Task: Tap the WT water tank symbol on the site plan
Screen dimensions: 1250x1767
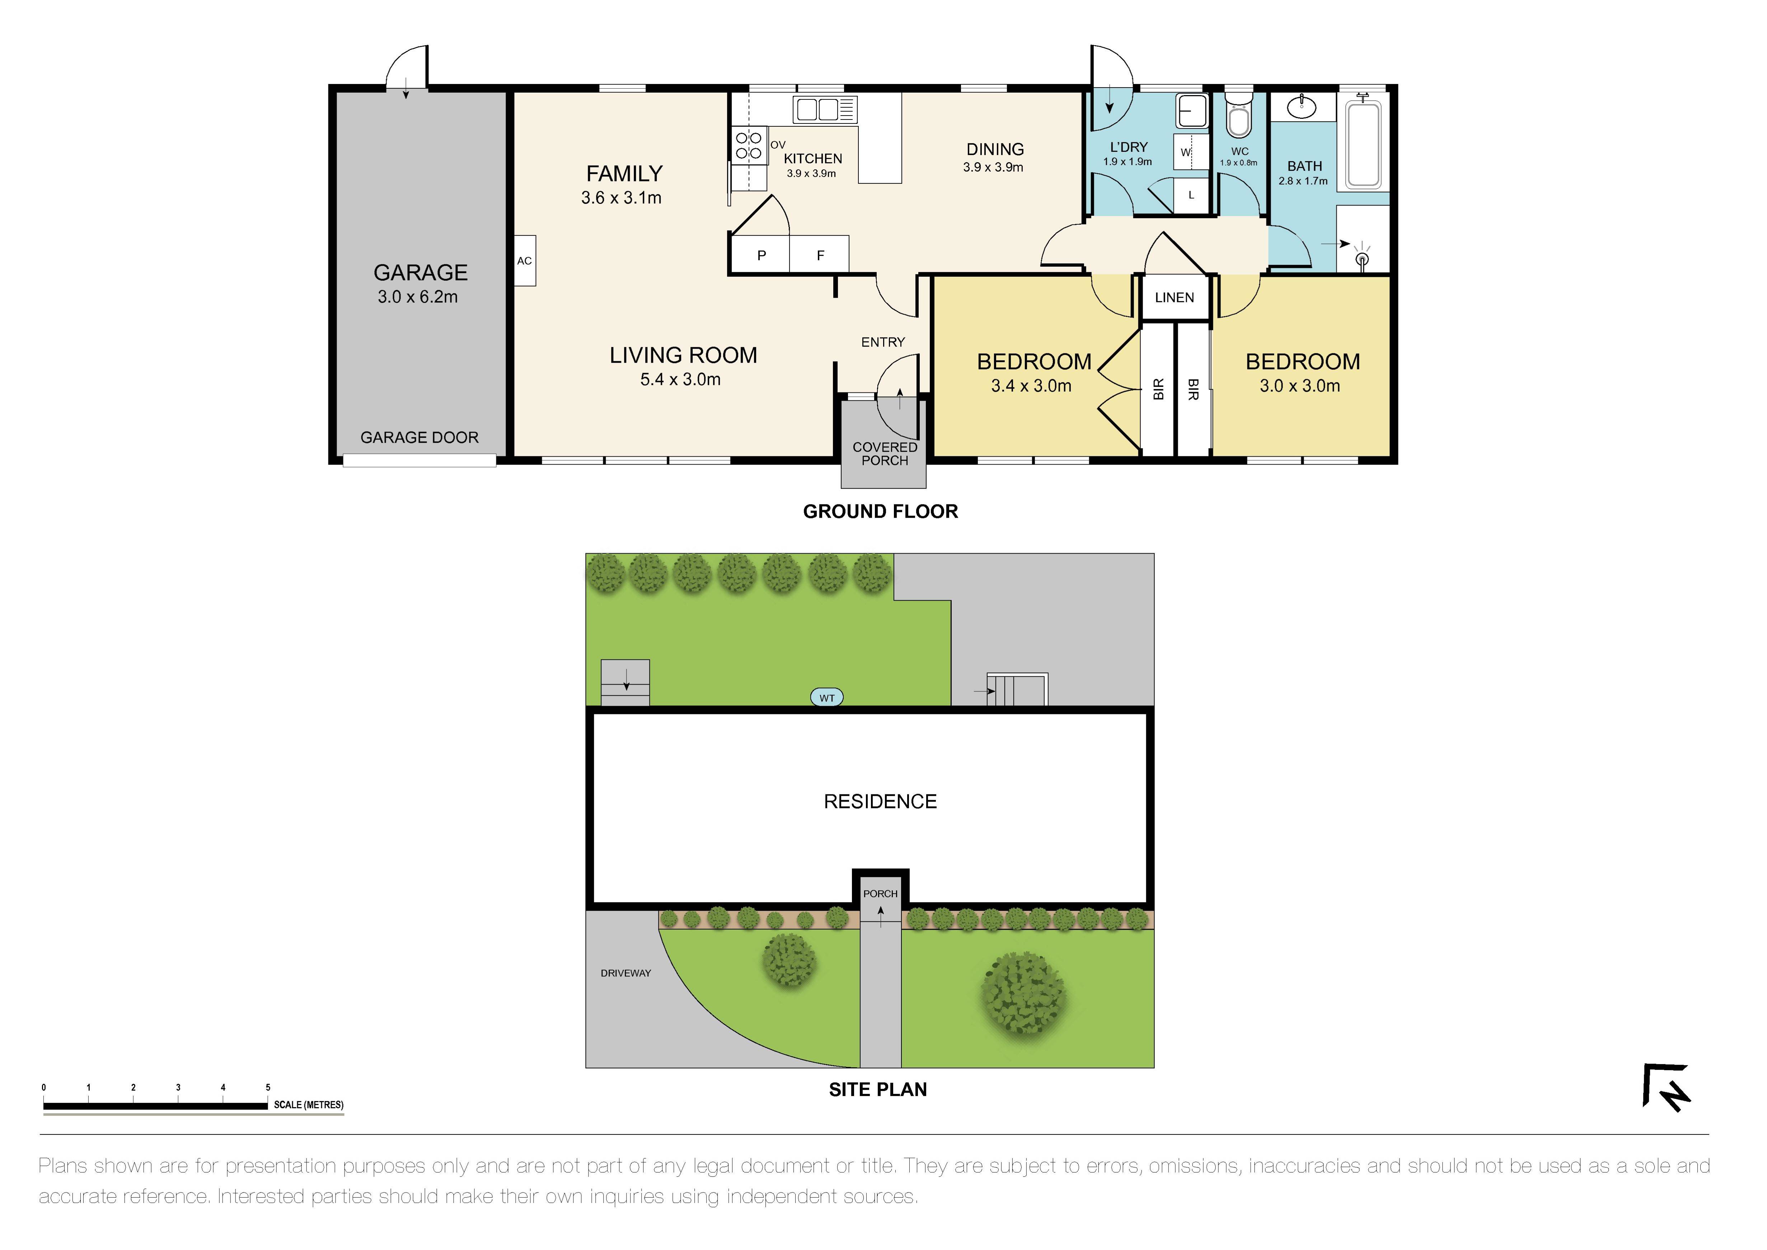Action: [x=826, y=698]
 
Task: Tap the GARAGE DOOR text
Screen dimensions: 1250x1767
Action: [x=420, y=437]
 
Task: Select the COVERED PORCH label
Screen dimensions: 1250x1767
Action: [x=884, y=453]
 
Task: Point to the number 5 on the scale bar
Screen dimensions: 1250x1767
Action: [x=268, y=1088]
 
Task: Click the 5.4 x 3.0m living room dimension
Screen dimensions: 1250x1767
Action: [x=680, y=379]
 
